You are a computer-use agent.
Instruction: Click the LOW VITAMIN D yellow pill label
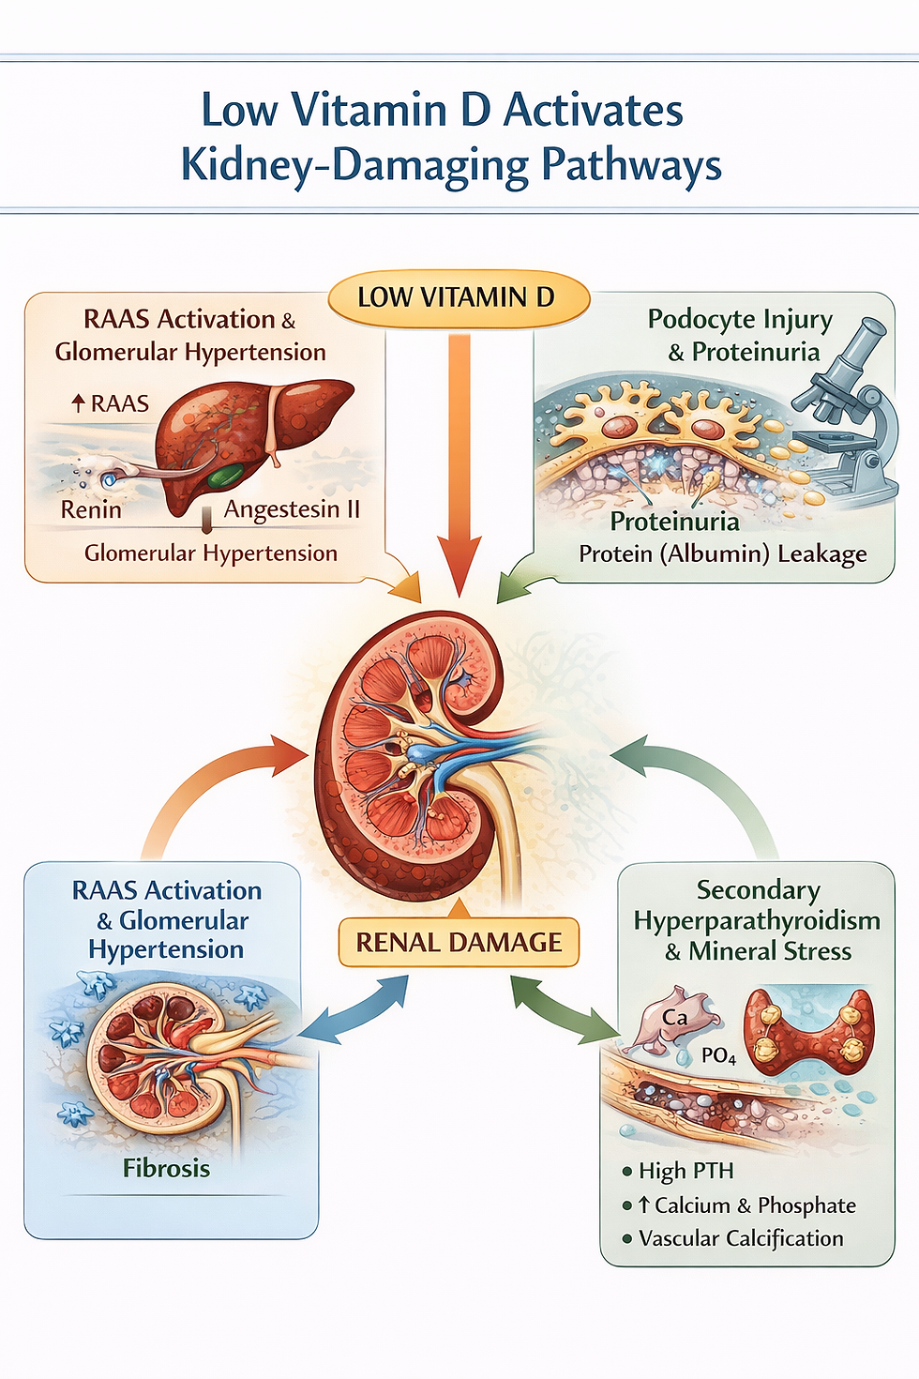tap(458, 298)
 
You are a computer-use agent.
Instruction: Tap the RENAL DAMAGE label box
tap(459, 942)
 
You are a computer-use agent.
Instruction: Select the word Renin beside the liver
tap(91, 509)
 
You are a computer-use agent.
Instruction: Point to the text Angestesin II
tap(292, 508)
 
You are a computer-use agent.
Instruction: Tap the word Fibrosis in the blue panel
tap(166, 1168)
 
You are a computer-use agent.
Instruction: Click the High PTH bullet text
tap(685, 1171)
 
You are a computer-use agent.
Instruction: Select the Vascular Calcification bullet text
tap(741, 1238)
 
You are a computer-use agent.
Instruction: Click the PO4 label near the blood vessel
tap(718, 1055)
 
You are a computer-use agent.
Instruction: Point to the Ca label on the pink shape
tap(674, 1018)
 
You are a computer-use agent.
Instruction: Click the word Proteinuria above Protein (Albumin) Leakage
tap(674, 522)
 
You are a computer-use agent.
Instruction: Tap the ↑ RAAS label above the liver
tap(111, 403)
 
